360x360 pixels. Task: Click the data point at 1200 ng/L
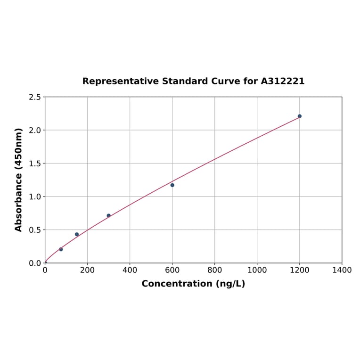click(x=299, y=116)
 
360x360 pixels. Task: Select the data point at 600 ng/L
click(x=172, y=185)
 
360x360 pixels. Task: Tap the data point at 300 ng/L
click(x=108, y=215)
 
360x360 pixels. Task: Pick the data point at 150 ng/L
click(x=77, y=234)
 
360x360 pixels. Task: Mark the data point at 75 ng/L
click(x=61, y=249)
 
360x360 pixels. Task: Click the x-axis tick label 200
click(x=87, y=270)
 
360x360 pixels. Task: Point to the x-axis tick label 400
click(x=130, y=270)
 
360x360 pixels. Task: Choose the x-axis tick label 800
click(x=214, y=270)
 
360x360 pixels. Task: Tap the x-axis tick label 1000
click(x=257, y=270)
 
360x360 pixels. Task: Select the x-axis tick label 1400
click(x=342, y=270)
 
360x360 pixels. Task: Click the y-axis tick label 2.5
click(x=35, y=97)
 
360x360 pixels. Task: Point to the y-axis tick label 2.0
click(x=35, y=130)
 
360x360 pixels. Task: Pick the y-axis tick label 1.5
click(x=35, y=164)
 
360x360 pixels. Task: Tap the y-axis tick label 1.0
click(x=35, y=196)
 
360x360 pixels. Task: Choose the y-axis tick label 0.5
click(x=35, y=230)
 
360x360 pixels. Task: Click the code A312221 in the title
click(x=283, y=81)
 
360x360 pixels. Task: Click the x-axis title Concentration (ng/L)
click(x=193, y=284)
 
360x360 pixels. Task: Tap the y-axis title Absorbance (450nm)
click(x=19, y=180)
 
